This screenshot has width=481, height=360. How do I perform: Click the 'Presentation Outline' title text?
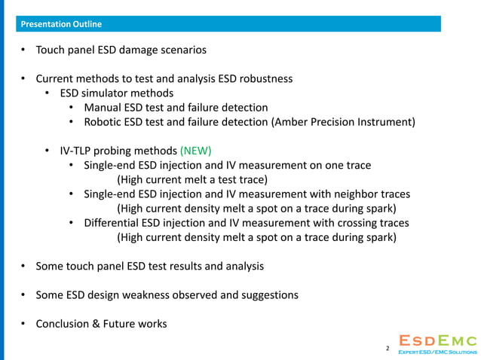click(62, 24)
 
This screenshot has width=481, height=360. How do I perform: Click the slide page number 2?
click(388, 349)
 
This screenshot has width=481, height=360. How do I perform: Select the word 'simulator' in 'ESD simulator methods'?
click(112, 93)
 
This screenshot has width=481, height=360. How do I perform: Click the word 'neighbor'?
click(339, 194)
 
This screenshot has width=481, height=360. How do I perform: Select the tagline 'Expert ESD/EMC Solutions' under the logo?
click(438, 352)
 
